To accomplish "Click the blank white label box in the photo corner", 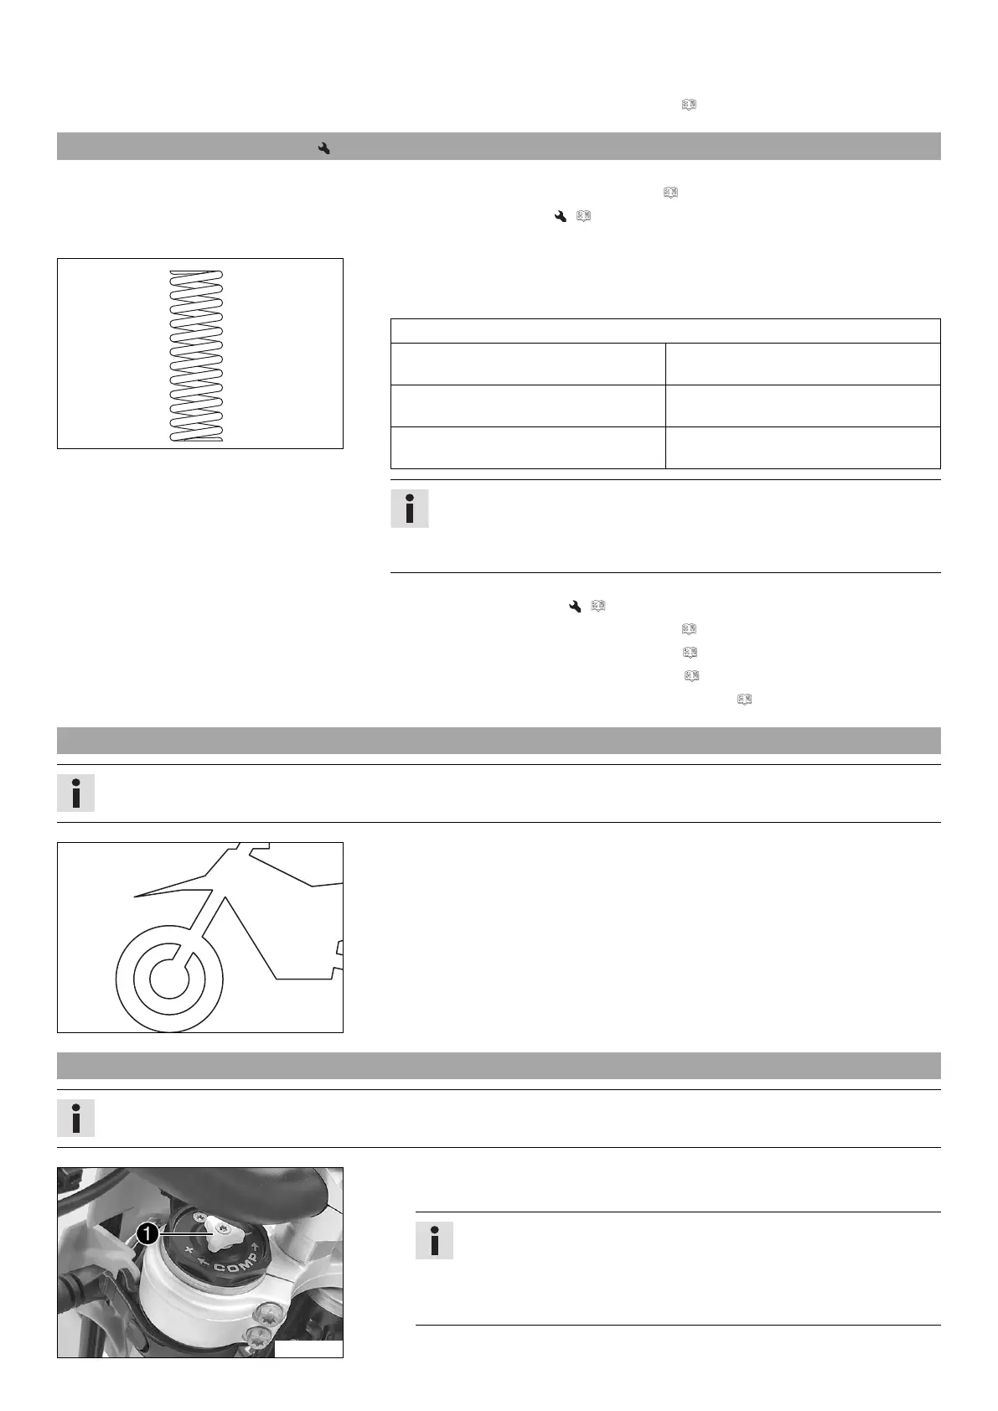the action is [308, 1349].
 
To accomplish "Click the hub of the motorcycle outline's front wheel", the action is [169, 976].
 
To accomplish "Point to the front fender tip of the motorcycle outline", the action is [136, 897].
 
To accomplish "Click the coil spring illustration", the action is [195, 355].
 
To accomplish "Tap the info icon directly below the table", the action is [410, 509].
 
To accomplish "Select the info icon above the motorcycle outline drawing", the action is [76, 793].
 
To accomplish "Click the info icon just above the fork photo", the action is [76, 1118].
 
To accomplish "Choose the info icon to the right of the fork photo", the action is [435, 1240].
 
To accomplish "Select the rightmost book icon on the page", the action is [742, 699].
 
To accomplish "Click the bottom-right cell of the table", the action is [802, 447].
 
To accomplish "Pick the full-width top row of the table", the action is [665, 330].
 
